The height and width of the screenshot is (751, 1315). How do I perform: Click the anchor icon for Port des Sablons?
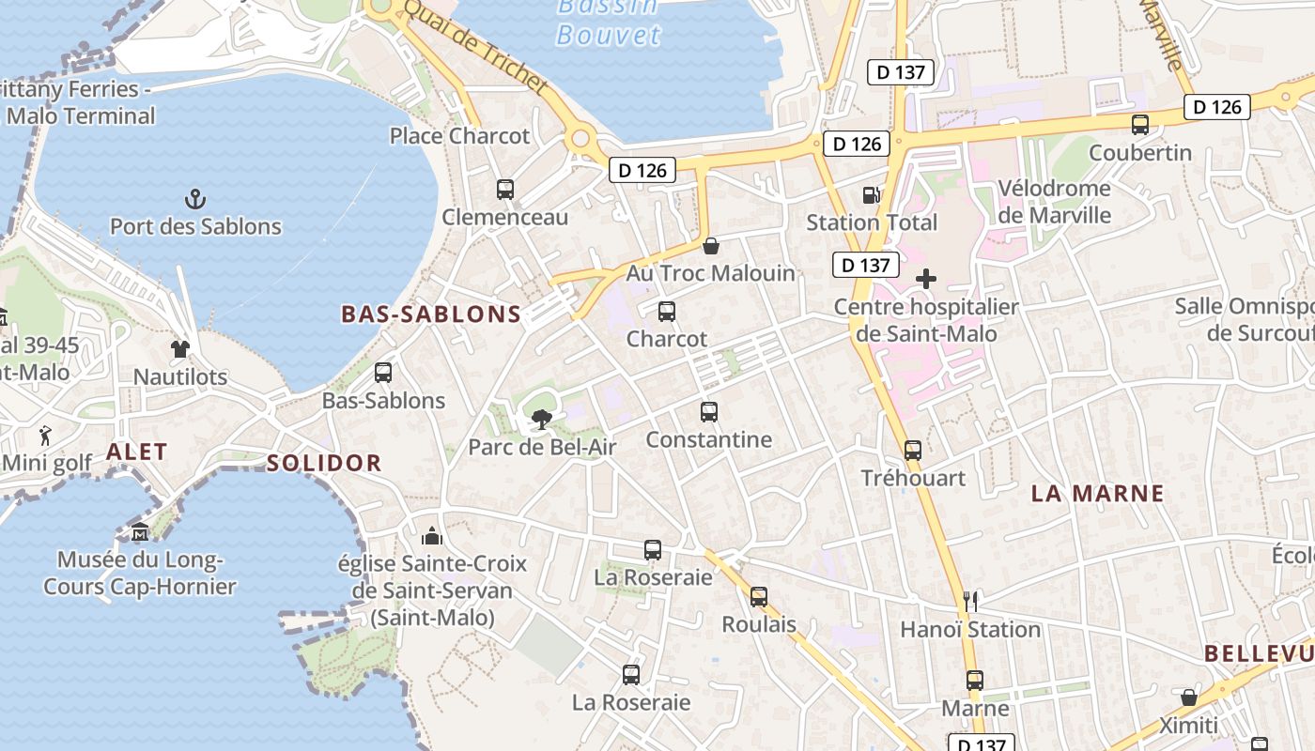tap(195, 198)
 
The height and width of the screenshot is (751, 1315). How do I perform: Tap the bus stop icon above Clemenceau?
tap(505, 190)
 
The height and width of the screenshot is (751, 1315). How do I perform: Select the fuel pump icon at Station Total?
tap(872, 195)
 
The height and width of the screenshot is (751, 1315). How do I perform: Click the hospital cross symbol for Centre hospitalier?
tap(926, 279)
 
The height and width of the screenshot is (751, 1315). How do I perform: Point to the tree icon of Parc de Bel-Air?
tap(542, 420)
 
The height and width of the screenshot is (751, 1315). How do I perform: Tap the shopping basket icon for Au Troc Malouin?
tap(711, 246)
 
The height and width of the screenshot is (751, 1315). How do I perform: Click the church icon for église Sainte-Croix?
tap(432, 536)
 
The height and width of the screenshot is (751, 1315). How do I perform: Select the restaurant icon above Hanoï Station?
tap(970, 601)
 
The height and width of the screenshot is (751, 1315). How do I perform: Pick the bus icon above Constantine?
tap(709, 412)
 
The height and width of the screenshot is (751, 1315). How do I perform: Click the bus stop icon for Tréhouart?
tap(913, 451)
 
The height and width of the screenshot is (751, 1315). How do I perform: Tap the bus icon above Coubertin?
tap(1140, 125)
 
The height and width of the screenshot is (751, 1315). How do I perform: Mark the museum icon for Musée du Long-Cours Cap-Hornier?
tap(140, 532)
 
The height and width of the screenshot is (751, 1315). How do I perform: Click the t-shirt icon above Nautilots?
tap(180, 349)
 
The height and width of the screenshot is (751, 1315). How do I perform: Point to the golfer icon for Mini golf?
tap(46, 436)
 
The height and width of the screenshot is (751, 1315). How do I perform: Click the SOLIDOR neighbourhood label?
tap(324, 463)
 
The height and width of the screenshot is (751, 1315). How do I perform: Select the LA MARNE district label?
tap(1097, 494)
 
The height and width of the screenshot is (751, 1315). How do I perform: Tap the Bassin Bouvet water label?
tap(609, 23)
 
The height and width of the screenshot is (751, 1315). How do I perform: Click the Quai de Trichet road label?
tap(475, 46)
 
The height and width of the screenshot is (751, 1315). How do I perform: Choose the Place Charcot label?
tap(459, 136)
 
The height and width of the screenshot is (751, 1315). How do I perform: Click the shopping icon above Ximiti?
tap(1188, 697)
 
